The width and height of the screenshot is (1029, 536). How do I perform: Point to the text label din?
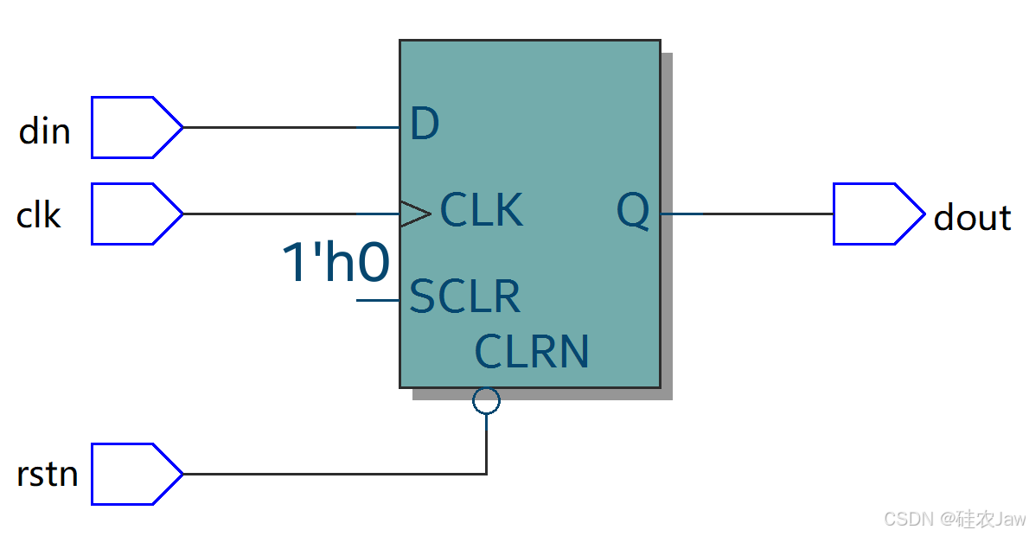pos(44,131)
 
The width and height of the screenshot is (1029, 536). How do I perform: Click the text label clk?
pos(39,215)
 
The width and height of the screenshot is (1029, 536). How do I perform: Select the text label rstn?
pos(47,475)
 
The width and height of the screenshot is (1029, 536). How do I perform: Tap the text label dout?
pos(972,218)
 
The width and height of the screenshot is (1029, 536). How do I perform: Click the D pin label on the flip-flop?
pos(425,125)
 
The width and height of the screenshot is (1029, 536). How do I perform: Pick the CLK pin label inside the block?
pos(482,211)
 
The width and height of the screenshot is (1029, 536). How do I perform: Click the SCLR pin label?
pos(464,297)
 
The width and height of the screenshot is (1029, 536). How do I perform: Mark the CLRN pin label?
pos(532,352)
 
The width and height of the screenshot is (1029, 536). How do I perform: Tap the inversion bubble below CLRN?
pos(487,400)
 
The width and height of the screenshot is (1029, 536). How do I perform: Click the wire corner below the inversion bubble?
pos(487,474)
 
